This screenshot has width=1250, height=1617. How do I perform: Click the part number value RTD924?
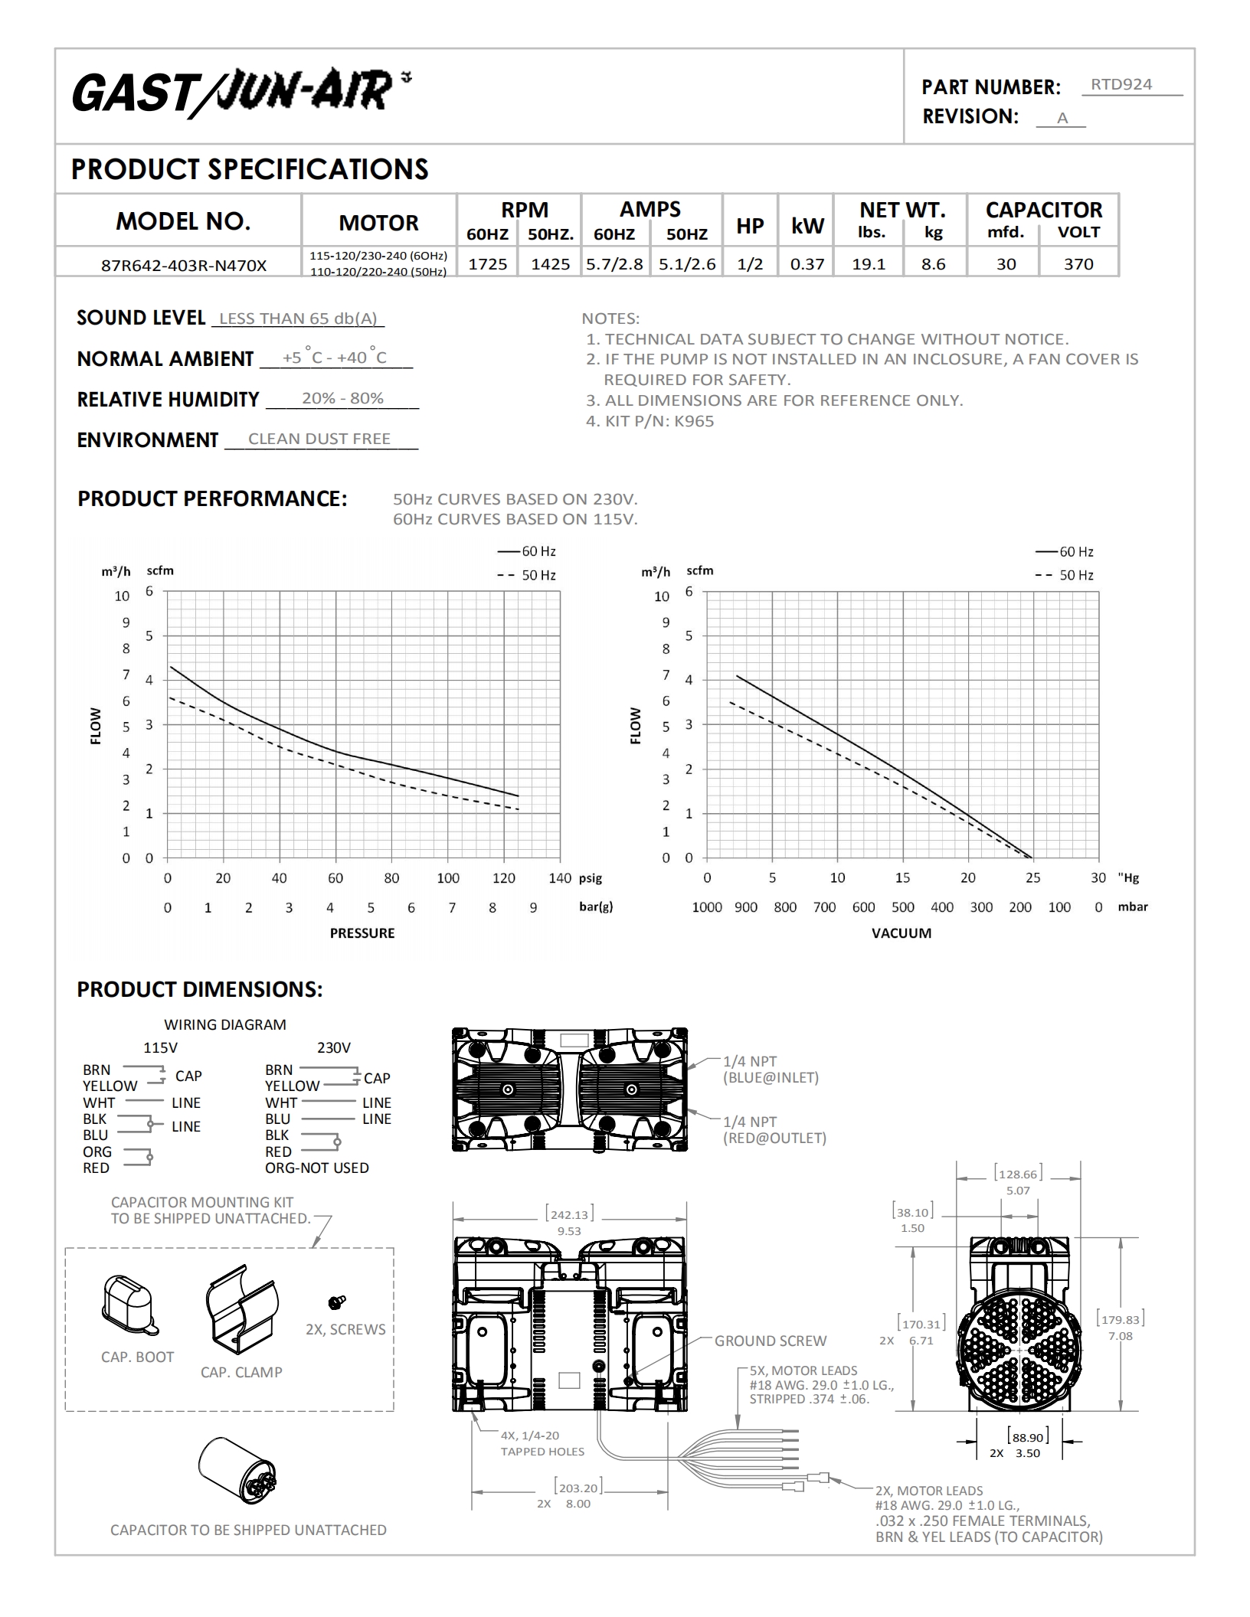[x=1121, y=84]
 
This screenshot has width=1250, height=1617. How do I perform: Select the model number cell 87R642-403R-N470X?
[x=184, y=266]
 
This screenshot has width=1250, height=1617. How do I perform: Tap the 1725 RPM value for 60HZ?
[x=488, y=264]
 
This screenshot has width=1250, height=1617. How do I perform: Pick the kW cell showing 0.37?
[x=807, y=264]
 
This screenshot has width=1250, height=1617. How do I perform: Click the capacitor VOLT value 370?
[x=1078, y=264]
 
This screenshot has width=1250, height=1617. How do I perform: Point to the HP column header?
[x=750, y=226]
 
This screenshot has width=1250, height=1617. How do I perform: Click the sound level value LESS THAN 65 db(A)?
[x=298, y=318]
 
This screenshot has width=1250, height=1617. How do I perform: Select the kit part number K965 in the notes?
[x=693, y=421]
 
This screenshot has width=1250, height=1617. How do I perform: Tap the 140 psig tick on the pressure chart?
[x=560, y=878]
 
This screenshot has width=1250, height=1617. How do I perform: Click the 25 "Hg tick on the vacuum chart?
[x=1033, y=878]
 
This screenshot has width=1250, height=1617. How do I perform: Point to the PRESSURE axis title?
[x=362, y=933]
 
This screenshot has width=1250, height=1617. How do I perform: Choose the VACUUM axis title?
[x=902, y=933]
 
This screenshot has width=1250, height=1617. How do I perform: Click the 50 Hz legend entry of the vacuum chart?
[x=1065, y=575]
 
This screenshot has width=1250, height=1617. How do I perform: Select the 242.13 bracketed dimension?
[x=569, y=1214]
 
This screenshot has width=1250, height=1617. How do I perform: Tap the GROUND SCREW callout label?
[x=771, y=1341]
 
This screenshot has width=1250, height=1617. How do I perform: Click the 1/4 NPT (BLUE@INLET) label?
[x=771, y=1070]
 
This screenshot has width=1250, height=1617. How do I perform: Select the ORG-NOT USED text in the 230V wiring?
[x=317, y=1168]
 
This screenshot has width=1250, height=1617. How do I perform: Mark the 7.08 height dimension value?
[x=1120, y=1336]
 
